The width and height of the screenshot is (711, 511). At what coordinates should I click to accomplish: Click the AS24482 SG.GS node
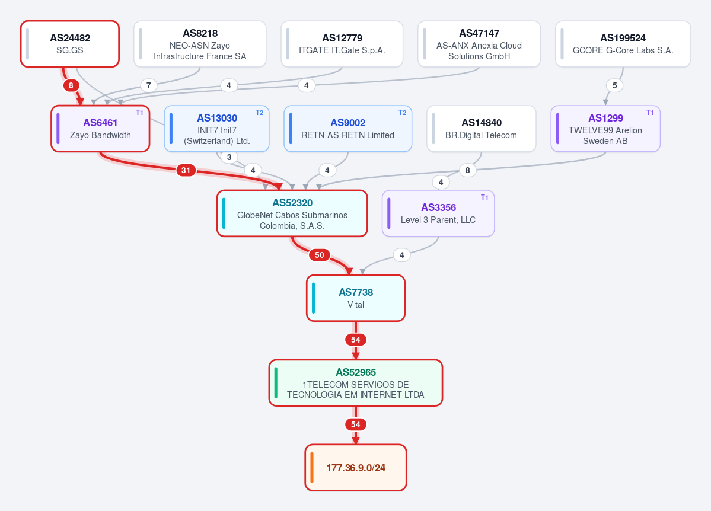(70, 44)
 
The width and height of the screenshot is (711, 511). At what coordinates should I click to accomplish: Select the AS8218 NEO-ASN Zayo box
(200, 44)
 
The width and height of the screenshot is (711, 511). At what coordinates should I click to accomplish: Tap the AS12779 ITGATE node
(342, 44)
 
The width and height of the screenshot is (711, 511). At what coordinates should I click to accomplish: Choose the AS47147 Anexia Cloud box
(479, 44)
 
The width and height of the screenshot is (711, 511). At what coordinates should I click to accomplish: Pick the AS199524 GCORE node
(623, 44)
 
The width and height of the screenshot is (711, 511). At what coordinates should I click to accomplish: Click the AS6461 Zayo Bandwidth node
(100, 129)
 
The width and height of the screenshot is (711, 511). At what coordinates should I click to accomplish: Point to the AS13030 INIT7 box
(217, 129)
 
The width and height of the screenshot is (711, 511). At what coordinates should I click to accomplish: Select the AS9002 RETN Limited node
(348, 129)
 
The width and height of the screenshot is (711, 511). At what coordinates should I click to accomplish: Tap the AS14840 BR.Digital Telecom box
(481, 129)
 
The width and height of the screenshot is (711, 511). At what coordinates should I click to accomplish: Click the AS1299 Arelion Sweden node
(605, 129)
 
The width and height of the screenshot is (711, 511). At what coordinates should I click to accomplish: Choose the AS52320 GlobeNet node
(292, 213)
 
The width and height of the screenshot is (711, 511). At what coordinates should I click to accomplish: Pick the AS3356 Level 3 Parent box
(438, 213)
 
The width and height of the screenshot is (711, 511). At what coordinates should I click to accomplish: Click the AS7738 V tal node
(356, 298)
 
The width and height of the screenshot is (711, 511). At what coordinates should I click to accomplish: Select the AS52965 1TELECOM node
(356, 383)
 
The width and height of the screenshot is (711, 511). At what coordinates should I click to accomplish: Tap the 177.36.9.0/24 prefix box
(356, 468)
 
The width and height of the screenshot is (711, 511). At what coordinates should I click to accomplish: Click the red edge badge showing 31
(186, 171)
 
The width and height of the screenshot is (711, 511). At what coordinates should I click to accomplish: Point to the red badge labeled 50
(320, 255)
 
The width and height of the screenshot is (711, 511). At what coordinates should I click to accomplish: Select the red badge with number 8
(71, 85)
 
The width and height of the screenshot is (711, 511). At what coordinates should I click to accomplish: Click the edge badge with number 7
(149, 85)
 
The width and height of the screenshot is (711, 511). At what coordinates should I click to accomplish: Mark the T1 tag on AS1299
(650, 113)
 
